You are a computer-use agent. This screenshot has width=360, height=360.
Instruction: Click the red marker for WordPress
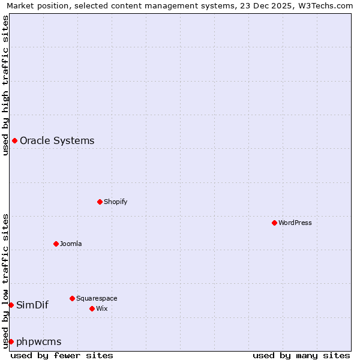coord(274,223)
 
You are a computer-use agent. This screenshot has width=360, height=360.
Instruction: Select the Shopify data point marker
coord(100,202)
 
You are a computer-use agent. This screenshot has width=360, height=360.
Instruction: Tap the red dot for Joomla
coord(56,244)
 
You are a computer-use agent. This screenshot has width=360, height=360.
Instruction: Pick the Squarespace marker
coord(72,298)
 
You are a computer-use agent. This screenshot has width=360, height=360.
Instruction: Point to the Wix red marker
coord(92,308)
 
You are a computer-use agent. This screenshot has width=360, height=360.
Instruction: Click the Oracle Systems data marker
coord(14,140)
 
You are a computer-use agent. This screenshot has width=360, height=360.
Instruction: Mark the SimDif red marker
coord(11,305)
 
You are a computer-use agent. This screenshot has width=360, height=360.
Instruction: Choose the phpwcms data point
coord(11,341)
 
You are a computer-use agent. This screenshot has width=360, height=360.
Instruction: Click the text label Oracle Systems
coord(57,141)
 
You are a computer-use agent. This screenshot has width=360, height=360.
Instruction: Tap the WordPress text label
coord(295,223)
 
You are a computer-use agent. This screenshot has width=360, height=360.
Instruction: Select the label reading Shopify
coord(115,202)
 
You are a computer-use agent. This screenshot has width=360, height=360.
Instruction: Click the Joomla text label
coord(71,244)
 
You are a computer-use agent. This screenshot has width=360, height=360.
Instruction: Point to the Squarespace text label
coord(97,298)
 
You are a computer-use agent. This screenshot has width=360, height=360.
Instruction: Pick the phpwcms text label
coord(39,342)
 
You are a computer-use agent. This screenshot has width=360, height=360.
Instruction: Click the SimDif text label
coord(32,305)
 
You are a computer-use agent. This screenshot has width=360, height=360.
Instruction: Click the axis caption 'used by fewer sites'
coord(62,355)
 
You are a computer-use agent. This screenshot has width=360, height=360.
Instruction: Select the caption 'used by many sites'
coord(301,355)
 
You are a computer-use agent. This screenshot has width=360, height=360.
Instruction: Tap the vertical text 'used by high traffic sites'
coord(5,85)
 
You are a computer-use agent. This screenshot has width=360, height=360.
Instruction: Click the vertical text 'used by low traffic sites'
coord(5,280)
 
